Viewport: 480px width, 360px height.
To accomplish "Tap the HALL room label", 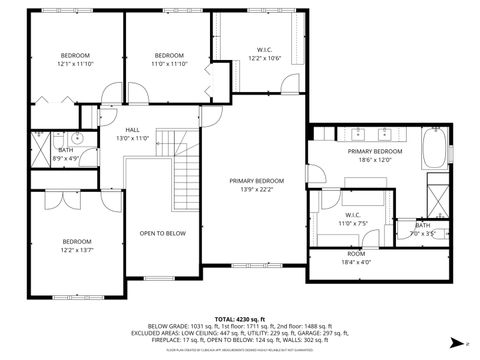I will (133, 133).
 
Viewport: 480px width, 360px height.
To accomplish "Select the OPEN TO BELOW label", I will (162, 233).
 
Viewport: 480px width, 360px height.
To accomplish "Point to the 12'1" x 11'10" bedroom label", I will (75, 59).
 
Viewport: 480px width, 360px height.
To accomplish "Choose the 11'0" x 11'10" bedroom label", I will (169, 59).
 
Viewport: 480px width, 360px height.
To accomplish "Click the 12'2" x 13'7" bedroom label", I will (77, 246).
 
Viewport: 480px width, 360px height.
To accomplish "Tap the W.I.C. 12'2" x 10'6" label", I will (265, 54).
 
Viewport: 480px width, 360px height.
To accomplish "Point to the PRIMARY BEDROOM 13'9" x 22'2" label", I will (256, 185).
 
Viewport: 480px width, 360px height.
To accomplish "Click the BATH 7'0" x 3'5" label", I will (423, 230).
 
